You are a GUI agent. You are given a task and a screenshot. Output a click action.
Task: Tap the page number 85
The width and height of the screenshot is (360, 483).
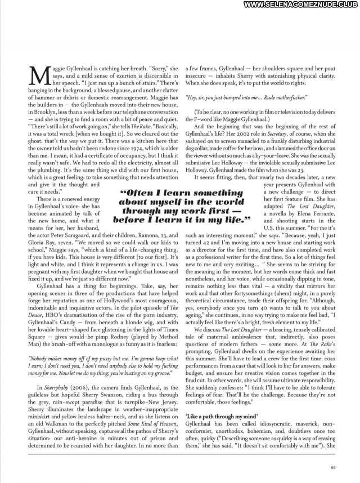[x=333, y=466]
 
